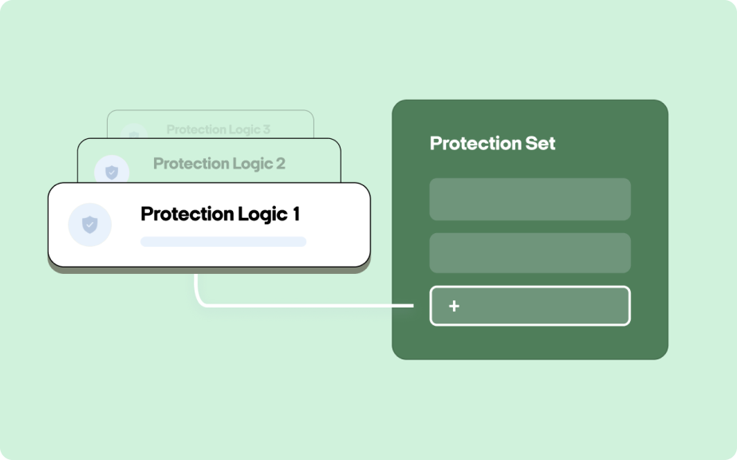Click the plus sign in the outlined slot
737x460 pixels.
[x=454, y=306]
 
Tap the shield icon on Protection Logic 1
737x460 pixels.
[x=90, y=224]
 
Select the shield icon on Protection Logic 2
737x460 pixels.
[x=112, y=172]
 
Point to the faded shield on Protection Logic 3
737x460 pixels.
[x=134, y=135]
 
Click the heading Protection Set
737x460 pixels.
[x=492, y=143]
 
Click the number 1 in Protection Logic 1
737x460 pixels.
[x=296, y=214]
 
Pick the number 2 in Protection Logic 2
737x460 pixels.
[x=281, y=164]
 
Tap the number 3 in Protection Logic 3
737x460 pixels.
[x=266, y=129]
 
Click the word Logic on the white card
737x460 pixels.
[x=262, y=215]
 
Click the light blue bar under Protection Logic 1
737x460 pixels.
[x=223, y=241]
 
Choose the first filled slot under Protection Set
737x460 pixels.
[x=530, y=199]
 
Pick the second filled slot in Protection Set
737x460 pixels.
[x=530, y=253]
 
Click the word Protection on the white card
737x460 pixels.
[x=187, y=214]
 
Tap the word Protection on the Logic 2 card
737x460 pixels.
[x=190, y=164]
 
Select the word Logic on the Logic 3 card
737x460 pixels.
[x=246, y=130]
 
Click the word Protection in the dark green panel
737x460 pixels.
[x=475, y=143]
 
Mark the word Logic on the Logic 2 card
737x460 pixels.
[x=251, y=165]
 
